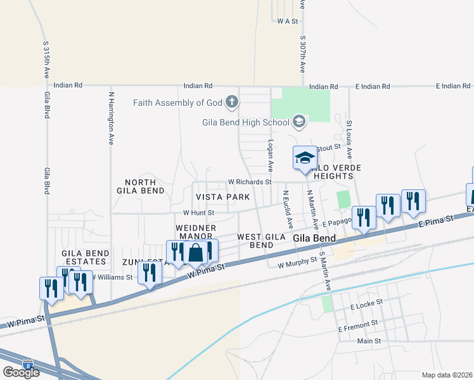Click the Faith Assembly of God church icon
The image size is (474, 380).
pyautogui.click(x=232, y=102)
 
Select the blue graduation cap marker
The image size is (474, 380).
pyautogui.click(x=305, y=158)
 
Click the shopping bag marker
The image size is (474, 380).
pyautogui.click(x=196, y=253)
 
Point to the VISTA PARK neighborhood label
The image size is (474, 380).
pyautogui.click(x=222, y=198)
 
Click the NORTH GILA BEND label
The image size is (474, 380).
pyautogui.click(x=140, y=186)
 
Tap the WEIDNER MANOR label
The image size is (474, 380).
pyautogui.click(x=196, y=232)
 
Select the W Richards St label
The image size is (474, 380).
pyautogui.click(x=250, y=181)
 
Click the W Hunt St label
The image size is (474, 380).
pyautogui.click(x=199, y=213)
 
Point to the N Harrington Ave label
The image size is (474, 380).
pyautogui.click(x=111, y=118)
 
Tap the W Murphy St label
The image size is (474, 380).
pyautogui.click(x=297, y=260)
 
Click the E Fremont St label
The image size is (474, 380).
pyautogui.click(x=359, y=329)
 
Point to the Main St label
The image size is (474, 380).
pyautogui.click(x=369, y=341)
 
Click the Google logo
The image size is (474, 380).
pyautogui.click(x=21, y=372)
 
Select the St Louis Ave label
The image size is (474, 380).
pyautogui.click(x=349, y=136)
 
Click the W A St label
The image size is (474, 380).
pyautogui.click(x=288, y=21)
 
